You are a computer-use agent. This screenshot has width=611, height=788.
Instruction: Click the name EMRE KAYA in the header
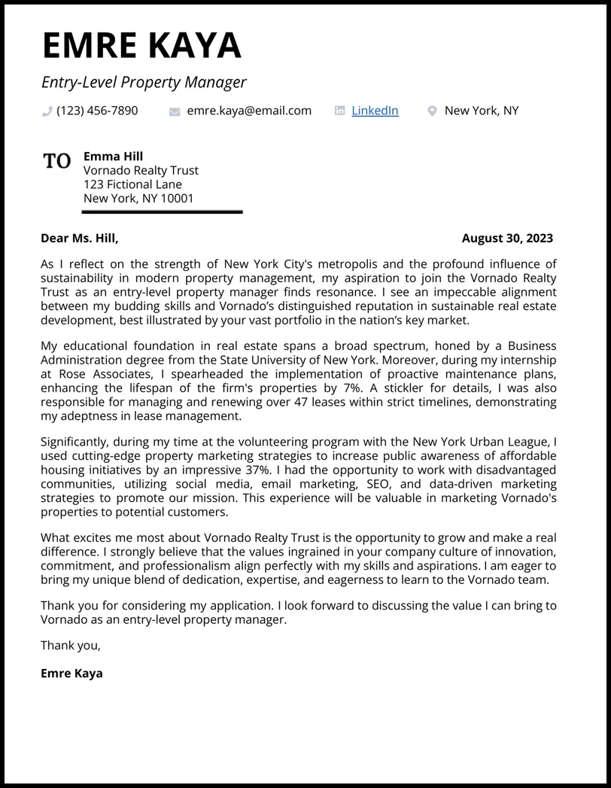tap(141, 46)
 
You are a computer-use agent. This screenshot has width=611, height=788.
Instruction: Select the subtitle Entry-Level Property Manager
tap(144, 82)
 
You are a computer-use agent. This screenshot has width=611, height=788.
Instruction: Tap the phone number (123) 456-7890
tap(97, 111)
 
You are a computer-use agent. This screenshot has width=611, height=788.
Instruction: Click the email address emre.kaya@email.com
tap(249, 111)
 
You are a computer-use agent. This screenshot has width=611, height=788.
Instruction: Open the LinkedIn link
tap(375, 111)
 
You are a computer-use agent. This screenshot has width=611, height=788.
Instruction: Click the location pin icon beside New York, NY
tap(432, 111)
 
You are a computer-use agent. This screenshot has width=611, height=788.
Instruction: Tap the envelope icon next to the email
tap(175, 111)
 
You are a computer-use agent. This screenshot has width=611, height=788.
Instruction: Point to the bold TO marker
tap(57, 160)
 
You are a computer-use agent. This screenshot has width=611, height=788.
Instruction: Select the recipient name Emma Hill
tap(113, 157)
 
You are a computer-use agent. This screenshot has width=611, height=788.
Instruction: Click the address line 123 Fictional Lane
tap(132, 184)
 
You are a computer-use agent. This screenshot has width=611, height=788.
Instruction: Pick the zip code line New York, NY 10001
tap(138, 199)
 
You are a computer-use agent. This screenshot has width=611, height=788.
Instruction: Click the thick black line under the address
tap(163, 212)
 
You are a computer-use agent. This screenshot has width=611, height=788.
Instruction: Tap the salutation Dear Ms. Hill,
tap(79, 239)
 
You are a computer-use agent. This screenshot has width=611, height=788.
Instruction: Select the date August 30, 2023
tap(507, 239)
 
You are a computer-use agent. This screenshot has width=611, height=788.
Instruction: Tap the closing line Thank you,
tap(70, 646)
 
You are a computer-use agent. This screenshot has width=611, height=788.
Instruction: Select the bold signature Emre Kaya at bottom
tap(71, 674)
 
